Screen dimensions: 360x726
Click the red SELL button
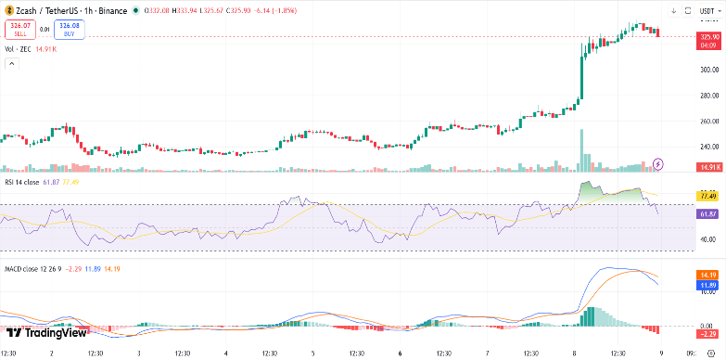click(19, 30)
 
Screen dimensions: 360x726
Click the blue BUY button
click(70, 30)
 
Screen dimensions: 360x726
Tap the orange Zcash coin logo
click(8, 10)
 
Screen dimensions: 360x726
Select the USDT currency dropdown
click(708, 10)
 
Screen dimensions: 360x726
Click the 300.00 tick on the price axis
click(709, 70)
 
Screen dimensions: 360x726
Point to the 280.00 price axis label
click(709, 96)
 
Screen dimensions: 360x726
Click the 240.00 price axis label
click(709, 147)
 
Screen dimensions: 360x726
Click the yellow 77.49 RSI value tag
click(710, 197)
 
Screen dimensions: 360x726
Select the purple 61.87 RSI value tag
click(710, 213)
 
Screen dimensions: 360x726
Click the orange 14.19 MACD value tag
click(710, 276)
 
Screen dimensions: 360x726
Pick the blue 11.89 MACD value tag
click(710, 285)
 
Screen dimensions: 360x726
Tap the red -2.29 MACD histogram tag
click(710, 333)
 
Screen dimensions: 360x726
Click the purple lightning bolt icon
click(659, 163)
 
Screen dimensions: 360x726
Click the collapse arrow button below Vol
click(12, 64)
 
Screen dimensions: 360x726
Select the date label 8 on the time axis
click(575, 353)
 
